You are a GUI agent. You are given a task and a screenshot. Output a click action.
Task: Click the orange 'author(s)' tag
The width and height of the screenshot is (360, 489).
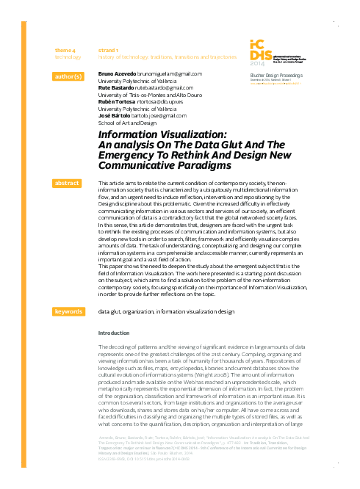pyautogui.click(x=68, y=76)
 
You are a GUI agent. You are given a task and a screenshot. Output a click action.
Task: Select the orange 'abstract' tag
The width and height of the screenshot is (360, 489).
pyautogui.click(x=68, y=183)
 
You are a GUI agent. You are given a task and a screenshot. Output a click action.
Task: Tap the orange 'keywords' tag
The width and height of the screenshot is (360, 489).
pyautogui.click(x=68, y=312)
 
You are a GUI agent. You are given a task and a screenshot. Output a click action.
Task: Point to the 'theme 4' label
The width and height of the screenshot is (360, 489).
pyautogui.click(x=65, y=49)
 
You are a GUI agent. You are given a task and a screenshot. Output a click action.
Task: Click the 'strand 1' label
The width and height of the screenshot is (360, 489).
pyautogui.click(x=108, y=49)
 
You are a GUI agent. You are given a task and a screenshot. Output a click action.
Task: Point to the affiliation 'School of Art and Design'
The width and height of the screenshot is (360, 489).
pyautogui.click(x=127, y=123)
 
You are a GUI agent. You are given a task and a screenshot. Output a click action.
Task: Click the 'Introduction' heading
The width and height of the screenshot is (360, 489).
pyautogui.click(x=113, y=333)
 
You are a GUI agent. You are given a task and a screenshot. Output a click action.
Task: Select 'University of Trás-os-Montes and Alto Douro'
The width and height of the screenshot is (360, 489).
pyautogui.click(x=150, y=95)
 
